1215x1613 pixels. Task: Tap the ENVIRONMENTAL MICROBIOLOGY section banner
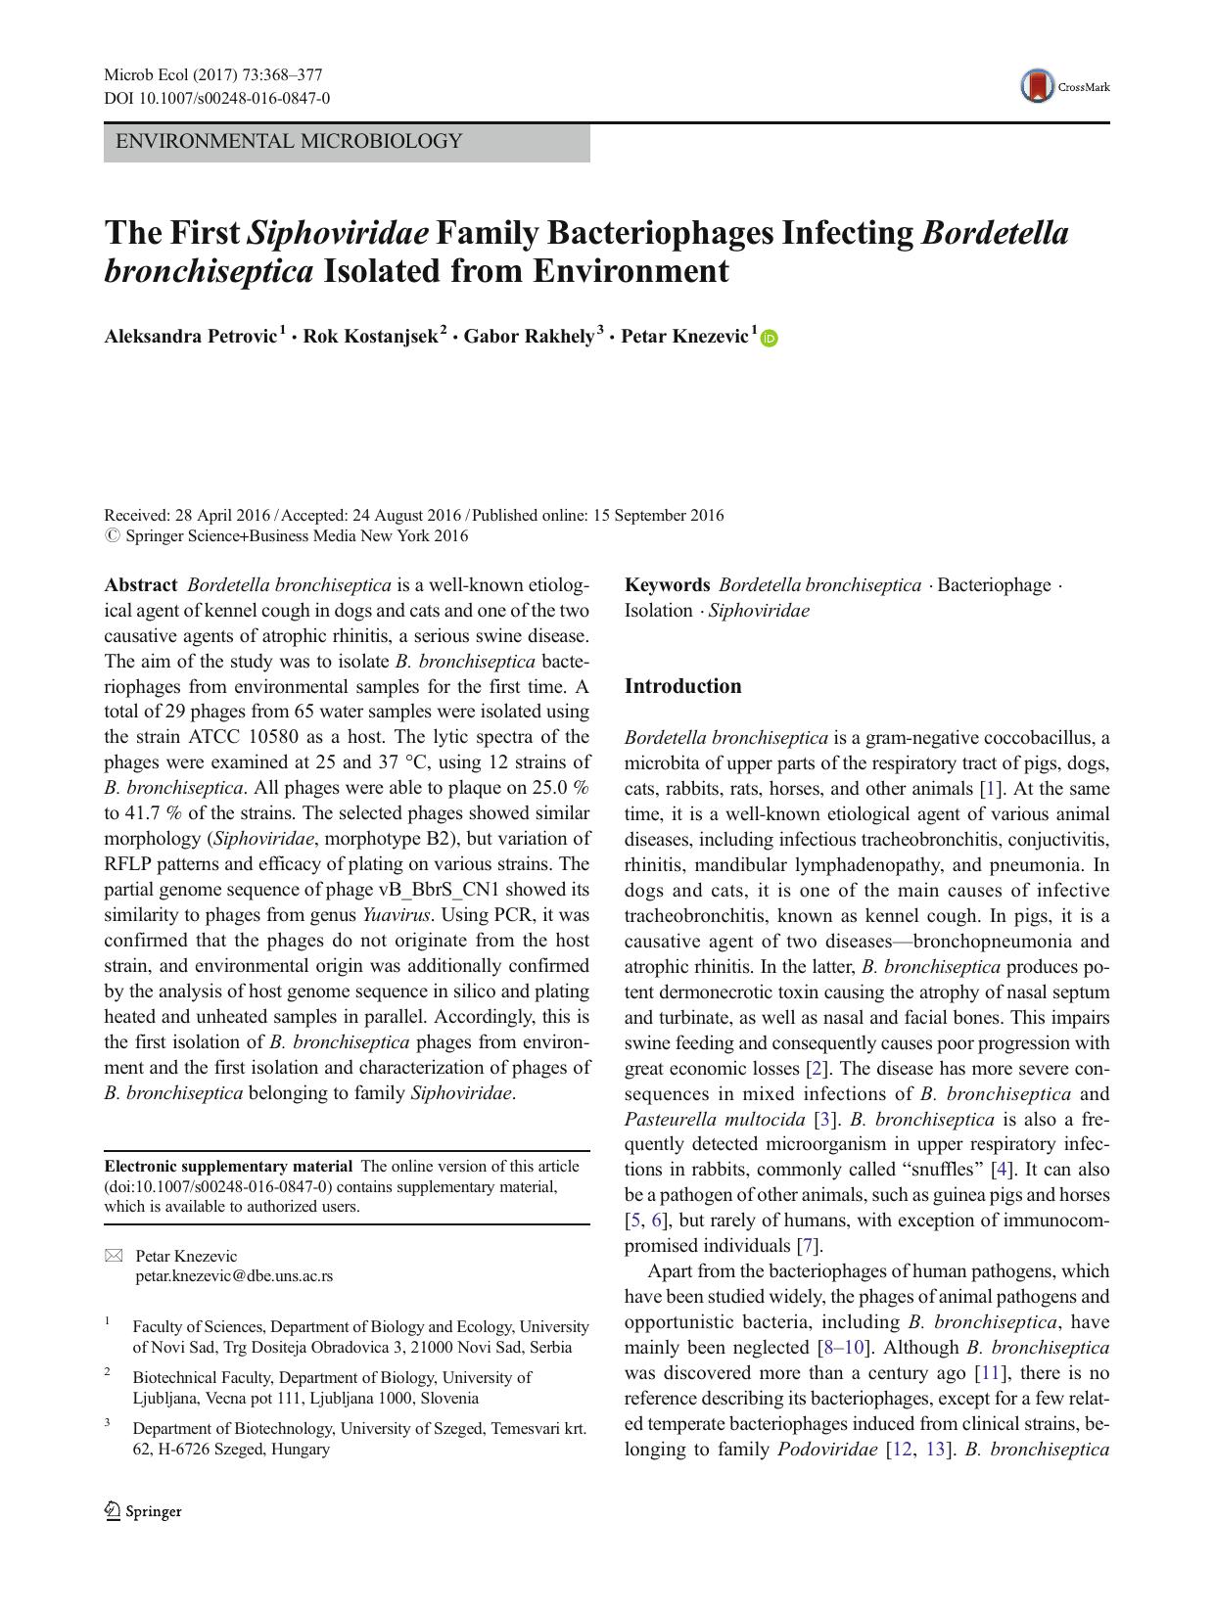tap(347, 142)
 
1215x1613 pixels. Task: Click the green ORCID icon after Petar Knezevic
tap(769, 339)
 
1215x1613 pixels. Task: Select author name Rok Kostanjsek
tap(370, 337)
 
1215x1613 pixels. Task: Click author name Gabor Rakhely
tap(529, 337)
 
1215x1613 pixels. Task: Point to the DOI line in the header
tap(216, 98)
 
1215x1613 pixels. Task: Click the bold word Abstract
tap(141, 585)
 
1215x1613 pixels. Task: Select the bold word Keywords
tap(667, 585)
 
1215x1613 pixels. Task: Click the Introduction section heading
tap(682, 686)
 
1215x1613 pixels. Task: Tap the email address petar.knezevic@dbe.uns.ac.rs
tap(234, 1276)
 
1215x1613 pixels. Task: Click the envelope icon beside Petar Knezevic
tap(114, 1256)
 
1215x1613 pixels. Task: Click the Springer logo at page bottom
tap(143, 1511)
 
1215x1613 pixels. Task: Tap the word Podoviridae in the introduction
tap(826, 1450)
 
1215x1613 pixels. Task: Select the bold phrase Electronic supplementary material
tap(228, 1167)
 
